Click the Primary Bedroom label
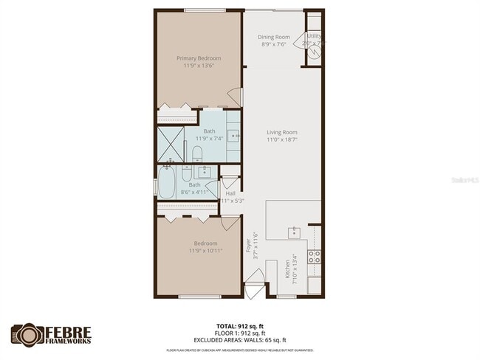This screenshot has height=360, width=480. point(198,58)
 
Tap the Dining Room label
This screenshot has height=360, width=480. point(275,37)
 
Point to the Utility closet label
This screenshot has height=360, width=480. point(314,35)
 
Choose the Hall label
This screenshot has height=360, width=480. point(230,193)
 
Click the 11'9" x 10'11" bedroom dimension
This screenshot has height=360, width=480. point(205,251)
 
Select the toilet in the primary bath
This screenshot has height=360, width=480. point(197,153)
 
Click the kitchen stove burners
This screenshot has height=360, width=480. point(314,257)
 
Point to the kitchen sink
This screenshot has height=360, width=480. point(294,231)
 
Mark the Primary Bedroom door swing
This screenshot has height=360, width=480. point(235,97)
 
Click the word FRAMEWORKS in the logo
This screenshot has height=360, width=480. point(66,342)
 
